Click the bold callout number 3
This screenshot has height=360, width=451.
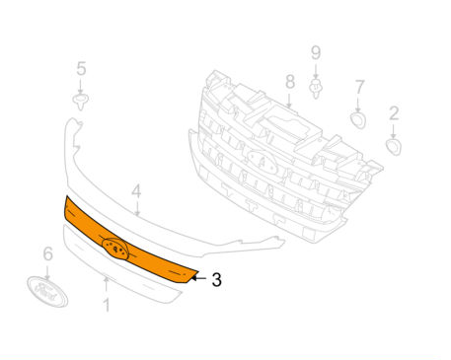pyautogui.click(x=216, y=280)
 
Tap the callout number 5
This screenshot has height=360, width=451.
pyautogui.click(x=81, y=69)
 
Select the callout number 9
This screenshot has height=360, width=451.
pyautogui.click(x=316, y=52)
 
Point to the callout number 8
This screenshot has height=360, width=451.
pyautogui.click(x=290, y=82)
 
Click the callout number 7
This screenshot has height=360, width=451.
pyautogui.click(x=360, y=87)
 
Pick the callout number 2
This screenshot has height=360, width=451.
pyautogui.click(x=394, y=113)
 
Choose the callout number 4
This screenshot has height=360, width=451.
pyautogui.click(x=136, y=191)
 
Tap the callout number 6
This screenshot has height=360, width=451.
pyautogui.click(x=48, y=253)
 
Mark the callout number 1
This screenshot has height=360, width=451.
pyautogui.click(x=107, y=305)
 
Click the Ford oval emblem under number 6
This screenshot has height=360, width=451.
pyautogui.click(x=47, y=292)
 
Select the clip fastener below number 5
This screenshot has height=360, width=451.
pyautogui.click(x=81, y=101)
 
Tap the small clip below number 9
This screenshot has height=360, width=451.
pyautogui.click(x=316, y=89)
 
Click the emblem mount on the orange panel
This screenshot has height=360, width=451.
pyautogui.click(x=115, y=250)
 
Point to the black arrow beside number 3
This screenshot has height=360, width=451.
pyautogui.click(x=198, y=278)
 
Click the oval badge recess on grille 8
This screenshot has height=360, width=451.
pyautogui.click(x=263, y=162)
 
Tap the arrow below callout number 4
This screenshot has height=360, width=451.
pyautogui.click(x=137, y=208)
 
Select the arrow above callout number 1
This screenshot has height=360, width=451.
pyautogui.click(x=107, y=286)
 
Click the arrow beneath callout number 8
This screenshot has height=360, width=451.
pyautogui.click(x=289, y=101)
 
